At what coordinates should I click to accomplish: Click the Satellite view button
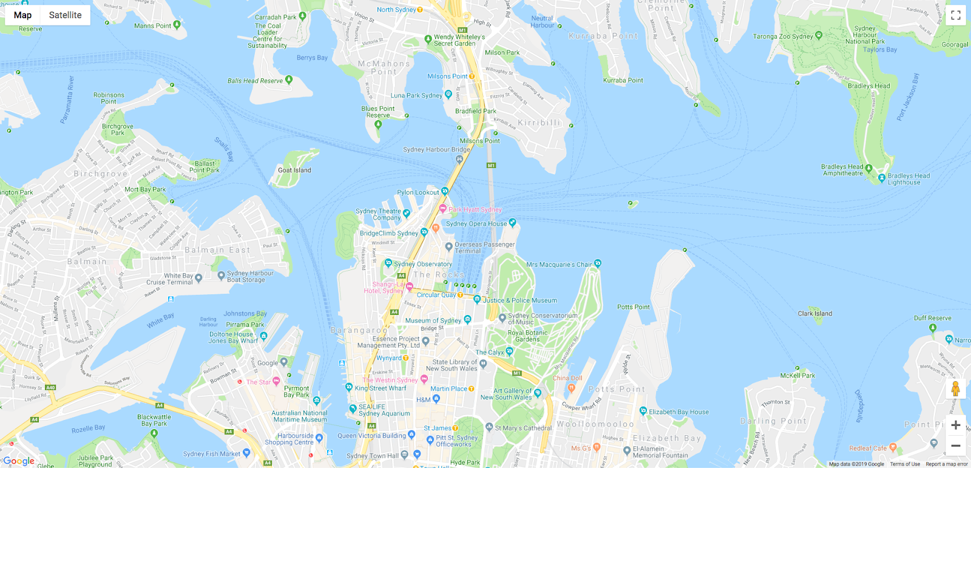(x=65, y=15)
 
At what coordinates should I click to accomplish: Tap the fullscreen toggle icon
(x=956, y=15)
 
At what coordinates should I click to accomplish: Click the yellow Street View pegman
(x=955, y=389)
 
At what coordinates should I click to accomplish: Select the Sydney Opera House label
(x=476, y=224)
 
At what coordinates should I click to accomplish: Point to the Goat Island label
(x=294, y=171)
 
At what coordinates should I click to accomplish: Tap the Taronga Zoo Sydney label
(x=783, y=36)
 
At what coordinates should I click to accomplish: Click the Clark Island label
(x=814, y=314)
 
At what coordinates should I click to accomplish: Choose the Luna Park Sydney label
(x=416, y=96)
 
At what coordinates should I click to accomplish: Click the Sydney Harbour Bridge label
(x=436, y=150)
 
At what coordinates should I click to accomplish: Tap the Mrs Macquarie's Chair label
(x=558, y=265)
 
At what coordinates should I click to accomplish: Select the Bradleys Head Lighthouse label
(x=908, y=179)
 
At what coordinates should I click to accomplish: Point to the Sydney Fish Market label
(x=212, y=454)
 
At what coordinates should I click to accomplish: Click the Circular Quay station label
(x=436, y=295)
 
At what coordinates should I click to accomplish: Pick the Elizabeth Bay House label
(x=678, y=412)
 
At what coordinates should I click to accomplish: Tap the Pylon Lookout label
(x=418, y=192)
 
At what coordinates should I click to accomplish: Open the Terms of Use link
(x=904, y=464)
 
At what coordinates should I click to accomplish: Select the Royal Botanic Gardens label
(x=527, y=336)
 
